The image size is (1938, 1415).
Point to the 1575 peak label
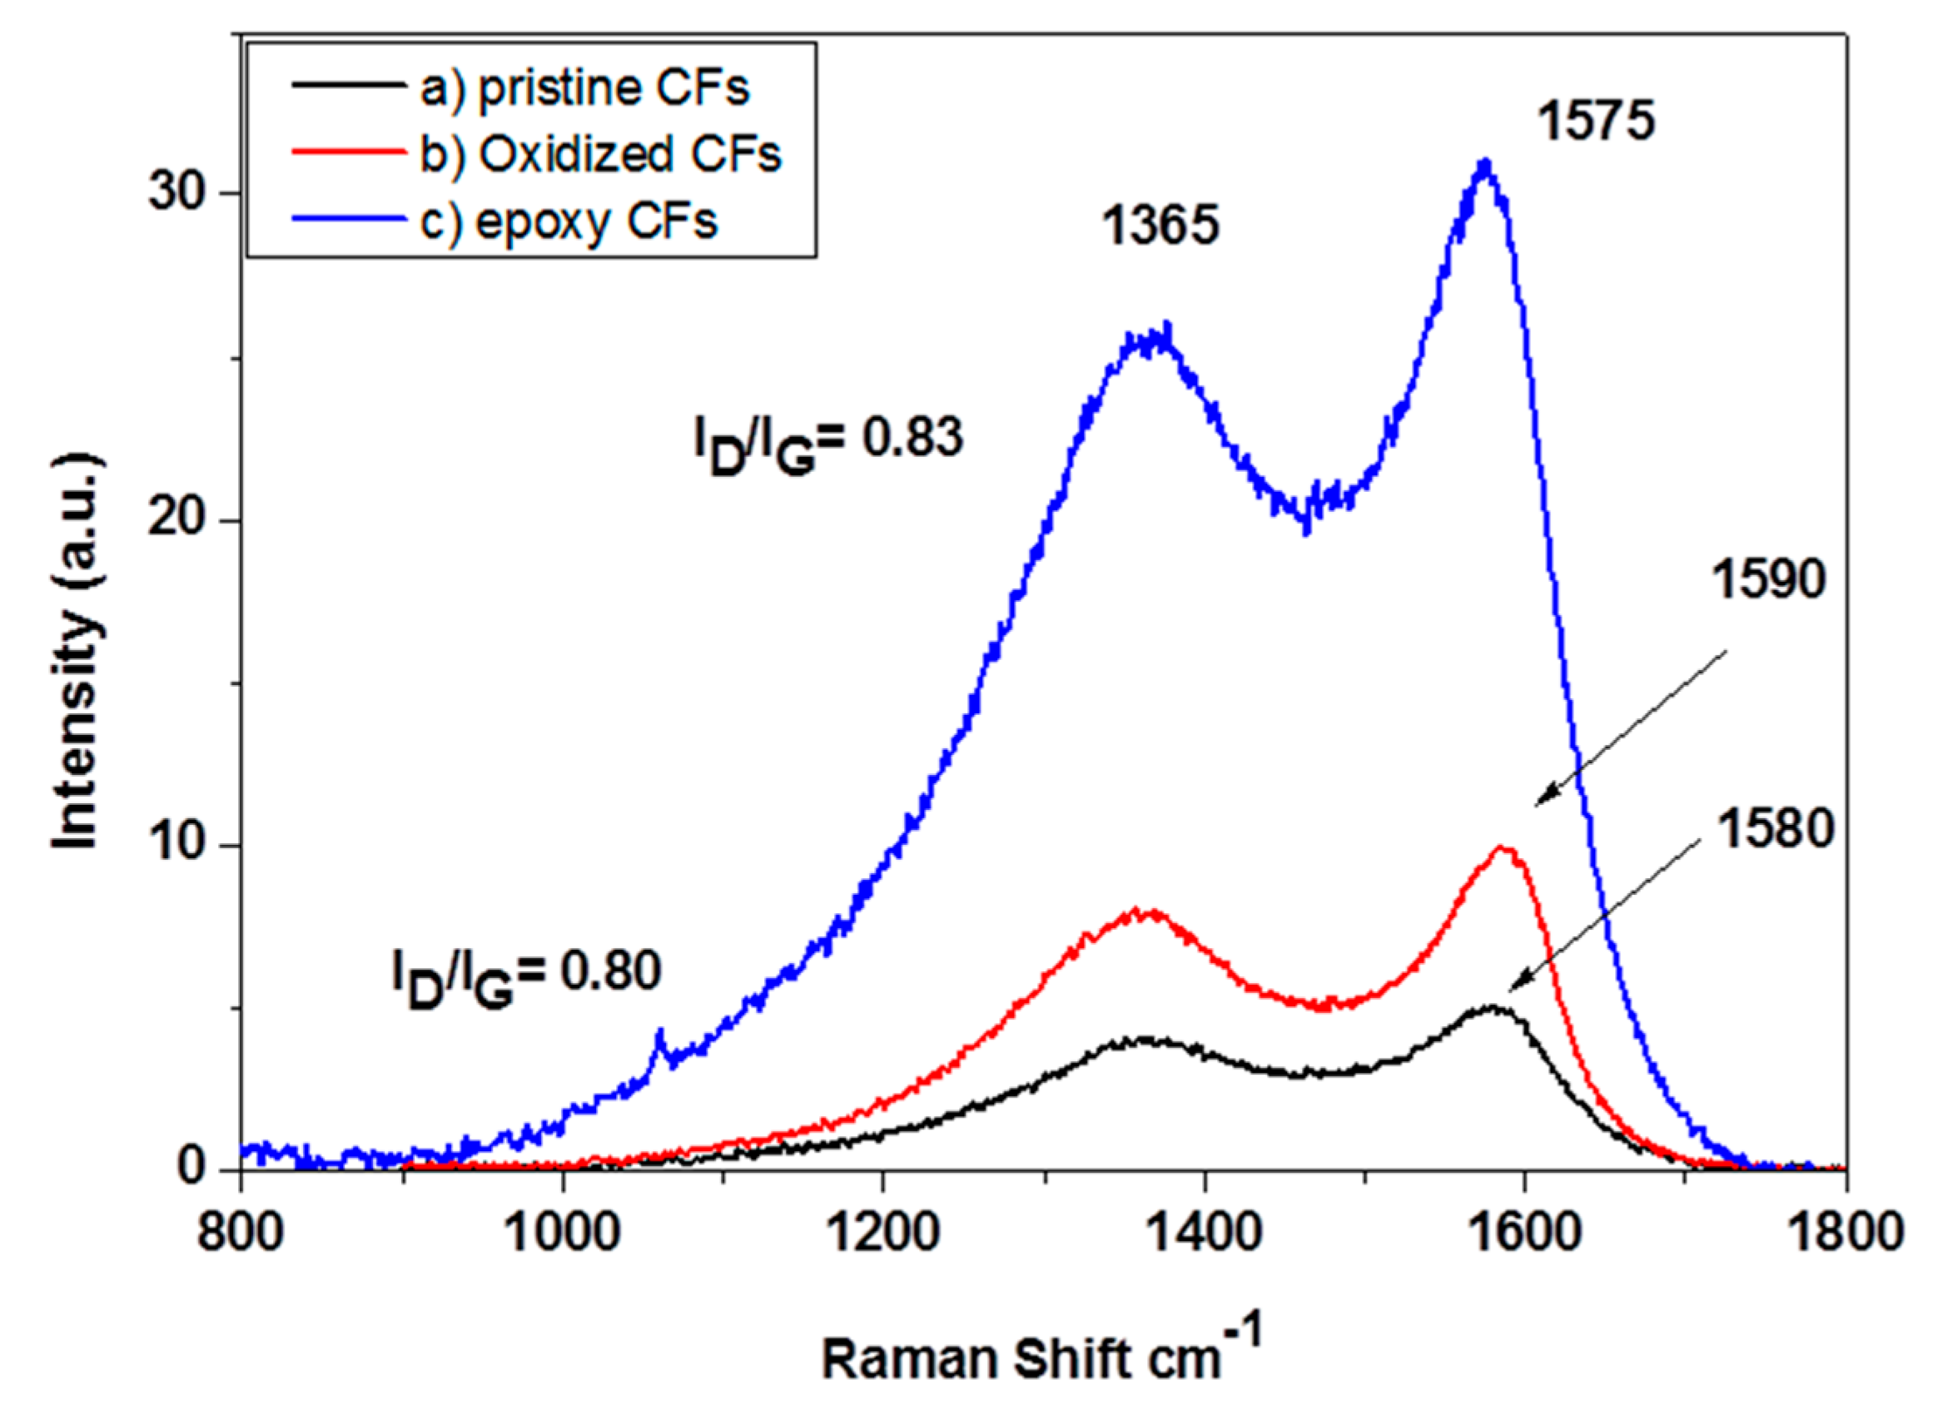pyautogui.click(x=1597, y=121)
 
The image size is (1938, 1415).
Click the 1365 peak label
pyautogui.click(x=1160, y=227)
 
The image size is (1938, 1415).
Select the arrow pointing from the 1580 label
pyautogui.click(x=1603, y=916)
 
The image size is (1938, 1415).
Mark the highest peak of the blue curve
pyautogui.click(x=1485, y=164)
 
